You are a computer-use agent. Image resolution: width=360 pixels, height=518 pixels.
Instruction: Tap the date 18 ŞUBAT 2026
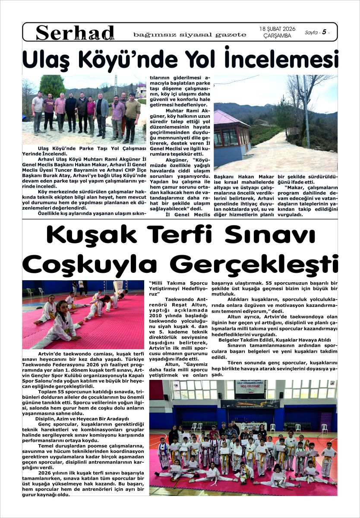pyautogui.click(x=277, y=29)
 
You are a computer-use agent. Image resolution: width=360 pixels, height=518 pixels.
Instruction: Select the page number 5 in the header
pyautogui.click(x=323, y=32)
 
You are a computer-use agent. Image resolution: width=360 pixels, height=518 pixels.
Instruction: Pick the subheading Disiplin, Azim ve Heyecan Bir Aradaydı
pyautogui.click(x=82, y=419)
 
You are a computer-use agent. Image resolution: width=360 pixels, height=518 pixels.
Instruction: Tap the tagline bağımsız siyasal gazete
pyautogui.click(x=190, y=35)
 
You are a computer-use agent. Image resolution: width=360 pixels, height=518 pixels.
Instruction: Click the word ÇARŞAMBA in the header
pyautogui.click(x=277, y=36)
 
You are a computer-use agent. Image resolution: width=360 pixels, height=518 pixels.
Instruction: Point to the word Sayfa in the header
pyautogui.click(x=312, y=33)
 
